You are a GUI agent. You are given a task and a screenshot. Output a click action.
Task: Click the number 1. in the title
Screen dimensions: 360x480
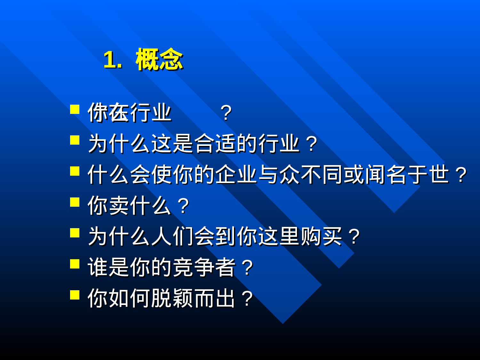[x=112, y=60]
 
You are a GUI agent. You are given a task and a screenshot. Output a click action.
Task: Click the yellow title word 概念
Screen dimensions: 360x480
[x=159, y=60]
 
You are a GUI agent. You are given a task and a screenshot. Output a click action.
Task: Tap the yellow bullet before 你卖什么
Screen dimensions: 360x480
[x=75, y=202]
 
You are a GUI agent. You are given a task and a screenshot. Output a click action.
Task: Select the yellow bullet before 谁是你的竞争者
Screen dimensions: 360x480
[x=75, y=264]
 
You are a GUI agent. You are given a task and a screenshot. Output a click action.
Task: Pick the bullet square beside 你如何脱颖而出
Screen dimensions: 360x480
[x=75, y=295]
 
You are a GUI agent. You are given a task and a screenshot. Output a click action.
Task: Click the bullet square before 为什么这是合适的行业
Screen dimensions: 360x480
[x=75, y=140]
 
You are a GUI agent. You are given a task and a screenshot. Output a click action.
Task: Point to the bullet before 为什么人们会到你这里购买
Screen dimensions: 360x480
[x=75, y=233]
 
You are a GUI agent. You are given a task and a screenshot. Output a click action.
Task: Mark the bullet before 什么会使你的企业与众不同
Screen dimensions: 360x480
[x=75, y=171]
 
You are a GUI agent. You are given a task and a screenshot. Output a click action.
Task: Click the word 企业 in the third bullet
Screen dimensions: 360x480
[x=236, y=175]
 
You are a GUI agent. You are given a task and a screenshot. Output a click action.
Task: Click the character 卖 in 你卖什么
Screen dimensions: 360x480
[x=119, y=206]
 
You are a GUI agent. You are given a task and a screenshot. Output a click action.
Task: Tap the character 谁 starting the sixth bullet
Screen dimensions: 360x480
[x=98, y=268]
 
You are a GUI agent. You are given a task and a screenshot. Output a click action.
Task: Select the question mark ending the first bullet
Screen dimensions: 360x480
[x=226, y=113]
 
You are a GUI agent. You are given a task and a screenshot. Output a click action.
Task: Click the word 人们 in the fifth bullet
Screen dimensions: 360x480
[x=172, y=236]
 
